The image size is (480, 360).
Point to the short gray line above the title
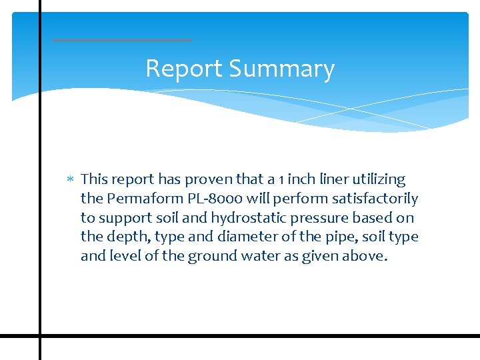(122, 40)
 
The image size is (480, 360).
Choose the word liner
(331, 179)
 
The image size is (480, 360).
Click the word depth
(122, 237)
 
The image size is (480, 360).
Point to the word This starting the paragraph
(95, 179)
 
